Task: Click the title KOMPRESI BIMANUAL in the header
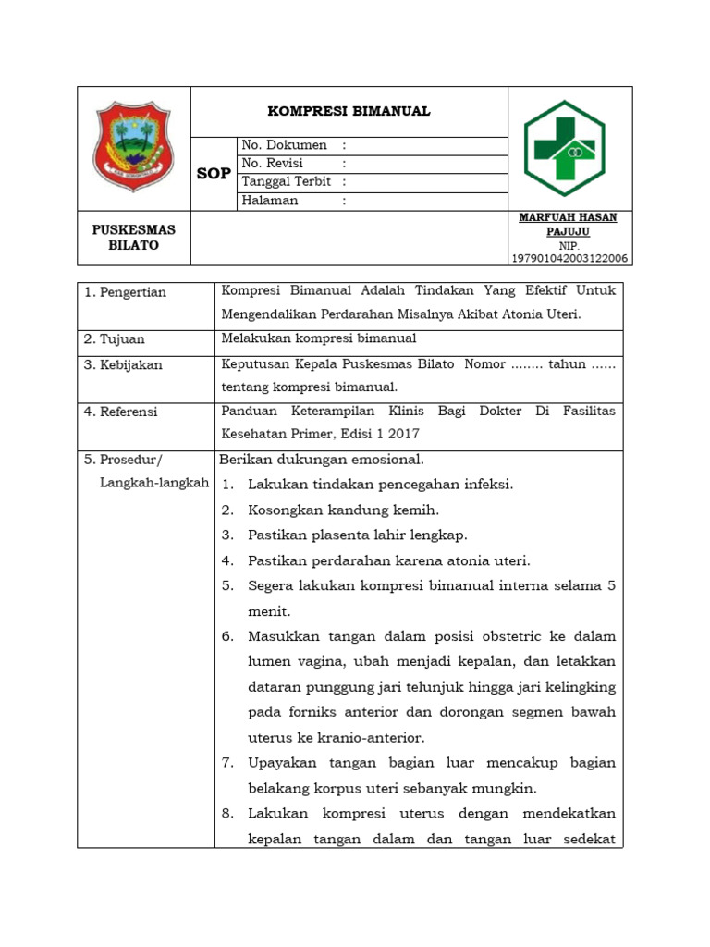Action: click(x=349, y=111)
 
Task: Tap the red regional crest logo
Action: click(x=134, y=147)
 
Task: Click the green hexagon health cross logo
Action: click(x=564, y=148)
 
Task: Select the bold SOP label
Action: click(x=214, y=174)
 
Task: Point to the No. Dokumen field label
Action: click(x=284, y=145)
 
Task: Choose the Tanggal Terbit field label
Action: click(x=288, y=182)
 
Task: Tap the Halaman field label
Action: click(x=270, y=201)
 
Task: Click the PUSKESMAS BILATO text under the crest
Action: click(x=134, y=238)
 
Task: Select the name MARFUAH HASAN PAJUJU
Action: click(x=569, y=224)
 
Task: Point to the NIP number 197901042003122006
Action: click(x=569, y=259)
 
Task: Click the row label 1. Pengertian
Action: click(x=125, y=292)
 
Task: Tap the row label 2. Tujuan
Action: click(x=115, y=339)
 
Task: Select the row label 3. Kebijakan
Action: click(x=123, y=364)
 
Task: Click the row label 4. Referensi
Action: click(x=121, y=412)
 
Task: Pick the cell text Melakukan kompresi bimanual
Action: click(x=319, y=338)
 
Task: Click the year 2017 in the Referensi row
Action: click(x=404, y=433)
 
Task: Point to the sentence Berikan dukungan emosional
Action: click(x=322, y=460)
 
